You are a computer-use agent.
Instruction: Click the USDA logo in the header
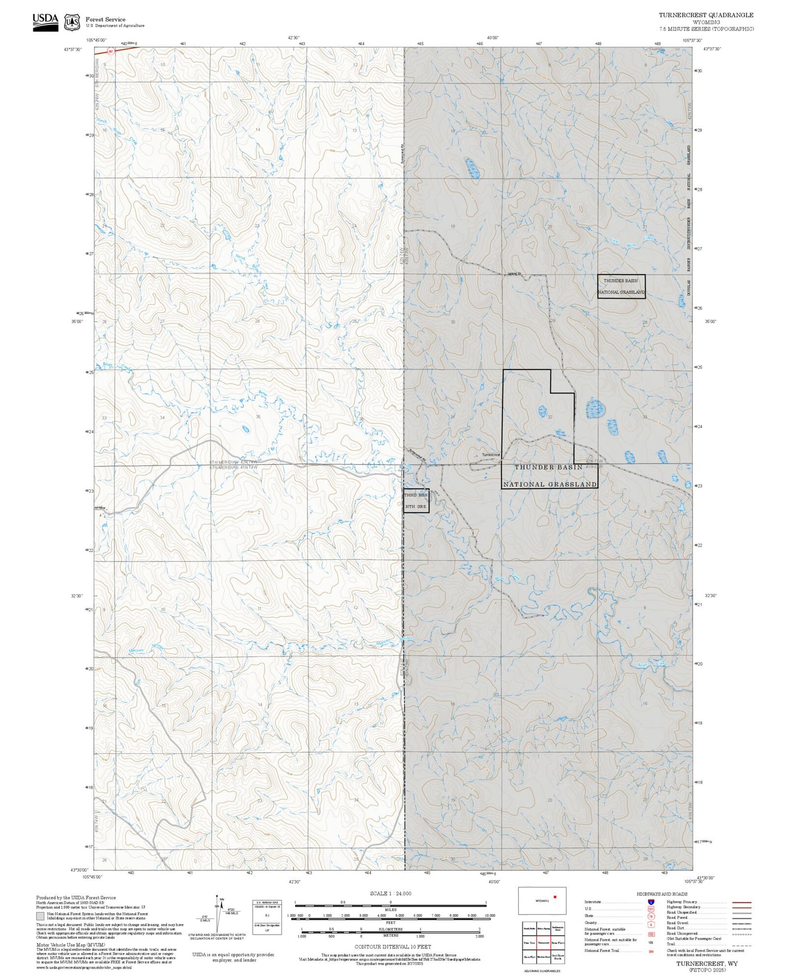(45, 21)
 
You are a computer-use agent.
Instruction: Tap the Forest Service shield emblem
(72, 23)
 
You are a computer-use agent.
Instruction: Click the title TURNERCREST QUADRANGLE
(706, 15)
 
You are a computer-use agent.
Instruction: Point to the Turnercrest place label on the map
(491, 455)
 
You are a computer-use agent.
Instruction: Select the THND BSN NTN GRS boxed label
(416, 501)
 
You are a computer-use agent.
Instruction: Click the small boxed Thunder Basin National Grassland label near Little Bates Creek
(621, 286)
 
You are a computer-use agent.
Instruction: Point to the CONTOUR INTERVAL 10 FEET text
(392, 947)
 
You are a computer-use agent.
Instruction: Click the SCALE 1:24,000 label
(390, 893)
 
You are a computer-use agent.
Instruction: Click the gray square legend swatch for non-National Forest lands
(40, 916)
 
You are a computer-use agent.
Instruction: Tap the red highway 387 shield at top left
(111, 51)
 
